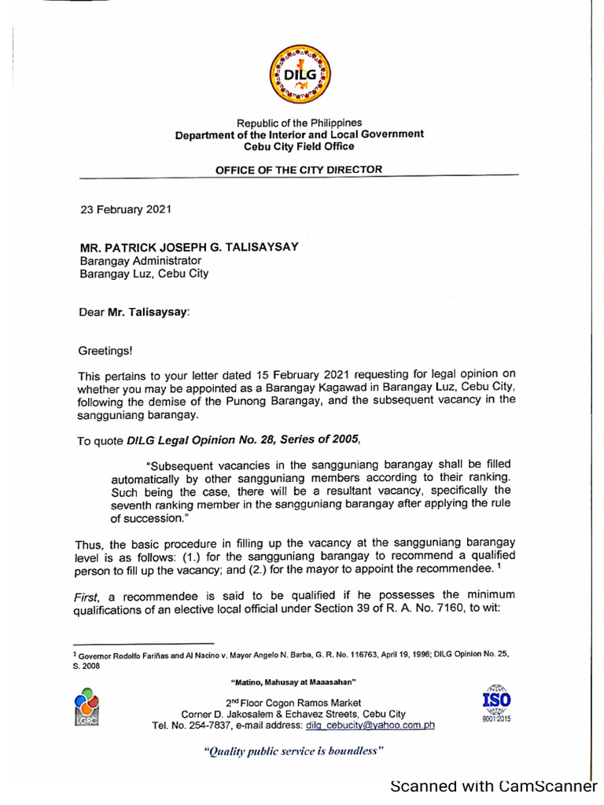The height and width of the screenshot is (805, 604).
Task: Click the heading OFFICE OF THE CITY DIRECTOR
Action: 299,169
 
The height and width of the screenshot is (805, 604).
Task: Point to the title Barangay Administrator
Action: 141,260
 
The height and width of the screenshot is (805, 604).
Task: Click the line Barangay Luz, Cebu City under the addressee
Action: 145,274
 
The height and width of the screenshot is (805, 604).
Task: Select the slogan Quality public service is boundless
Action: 293,751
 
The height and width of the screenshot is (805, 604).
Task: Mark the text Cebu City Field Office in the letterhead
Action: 299,146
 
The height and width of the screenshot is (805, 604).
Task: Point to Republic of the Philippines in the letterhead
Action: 299,123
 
